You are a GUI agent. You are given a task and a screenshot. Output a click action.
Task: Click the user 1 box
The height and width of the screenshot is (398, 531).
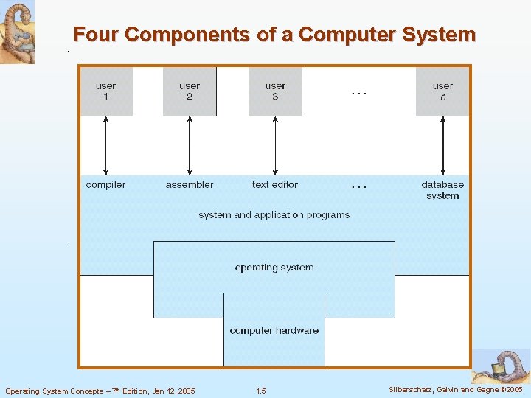(105, 91)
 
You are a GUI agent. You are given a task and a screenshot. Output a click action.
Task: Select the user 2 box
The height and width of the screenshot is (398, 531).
(190, 91)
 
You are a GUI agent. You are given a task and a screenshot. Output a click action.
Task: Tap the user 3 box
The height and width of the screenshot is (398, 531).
(275, 91)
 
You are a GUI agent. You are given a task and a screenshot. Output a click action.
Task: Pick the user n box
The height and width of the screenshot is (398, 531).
(442, 91)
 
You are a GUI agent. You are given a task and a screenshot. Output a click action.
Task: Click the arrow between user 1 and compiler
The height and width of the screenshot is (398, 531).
(105, 145)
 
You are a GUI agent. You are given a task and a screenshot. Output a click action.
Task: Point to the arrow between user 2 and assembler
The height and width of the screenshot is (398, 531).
(190, 145)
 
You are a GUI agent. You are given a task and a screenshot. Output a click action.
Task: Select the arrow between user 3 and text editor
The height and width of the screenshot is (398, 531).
(275, 145)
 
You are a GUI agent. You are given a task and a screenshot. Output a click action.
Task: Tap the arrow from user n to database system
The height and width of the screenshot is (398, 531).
(442, 145)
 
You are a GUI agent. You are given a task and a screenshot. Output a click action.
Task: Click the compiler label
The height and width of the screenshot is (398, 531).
(105, 184)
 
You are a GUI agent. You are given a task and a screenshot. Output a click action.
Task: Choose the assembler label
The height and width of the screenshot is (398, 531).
(190, 184)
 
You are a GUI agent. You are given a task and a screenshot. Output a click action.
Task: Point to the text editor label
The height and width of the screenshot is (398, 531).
(275, 184)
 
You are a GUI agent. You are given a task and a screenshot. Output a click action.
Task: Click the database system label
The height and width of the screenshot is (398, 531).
(442, 190)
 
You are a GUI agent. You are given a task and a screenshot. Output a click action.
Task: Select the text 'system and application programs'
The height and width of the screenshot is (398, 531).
(274, 215)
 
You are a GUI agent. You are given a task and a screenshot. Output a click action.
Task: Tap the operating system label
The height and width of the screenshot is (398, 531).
(274, 268)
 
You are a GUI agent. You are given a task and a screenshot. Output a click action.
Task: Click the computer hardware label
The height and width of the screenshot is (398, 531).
(274, 330)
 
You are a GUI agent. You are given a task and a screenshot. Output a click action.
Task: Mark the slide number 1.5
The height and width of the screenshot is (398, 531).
(260, 391)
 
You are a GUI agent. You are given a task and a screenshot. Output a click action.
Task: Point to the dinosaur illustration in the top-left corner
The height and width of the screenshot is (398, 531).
(17, 32)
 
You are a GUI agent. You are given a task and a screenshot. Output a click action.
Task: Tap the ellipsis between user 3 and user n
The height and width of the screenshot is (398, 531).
(358, 94)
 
